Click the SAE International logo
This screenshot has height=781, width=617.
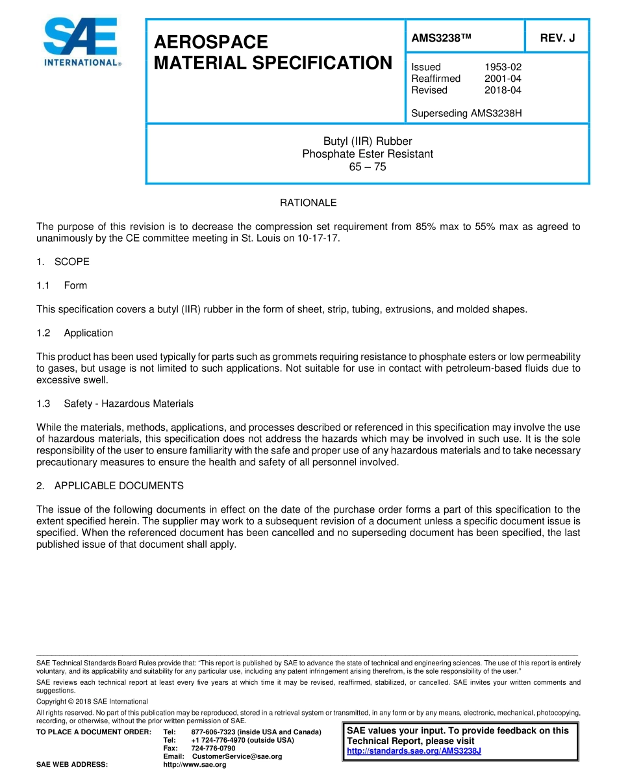(81, 43)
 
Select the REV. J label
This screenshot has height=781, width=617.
(557, 38)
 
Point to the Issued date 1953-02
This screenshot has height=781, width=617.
(503, 67)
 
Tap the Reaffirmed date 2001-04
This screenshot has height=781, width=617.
(503, 79)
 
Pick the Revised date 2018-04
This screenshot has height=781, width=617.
(503, 90)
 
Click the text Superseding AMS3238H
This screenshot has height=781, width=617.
(466, 114)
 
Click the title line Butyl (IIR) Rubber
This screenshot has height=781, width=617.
(368, 142)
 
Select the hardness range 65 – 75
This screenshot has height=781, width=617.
(368, 167)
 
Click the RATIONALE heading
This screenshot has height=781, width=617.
(308, 203)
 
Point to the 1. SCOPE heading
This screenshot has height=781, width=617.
(64, 262)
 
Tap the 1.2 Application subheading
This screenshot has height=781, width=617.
(75, 333)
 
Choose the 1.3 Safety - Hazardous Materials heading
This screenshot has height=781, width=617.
(116, 403)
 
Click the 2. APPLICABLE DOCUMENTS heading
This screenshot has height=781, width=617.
(110, 486)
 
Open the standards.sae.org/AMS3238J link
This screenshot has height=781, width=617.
(414, 751)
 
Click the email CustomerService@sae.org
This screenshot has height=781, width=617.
(237, 756)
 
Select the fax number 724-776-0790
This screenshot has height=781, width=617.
(213, 749)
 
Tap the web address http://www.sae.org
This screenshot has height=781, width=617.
(194, 765)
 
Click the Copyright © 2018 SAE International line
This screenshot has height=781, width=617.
(92, 702)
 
